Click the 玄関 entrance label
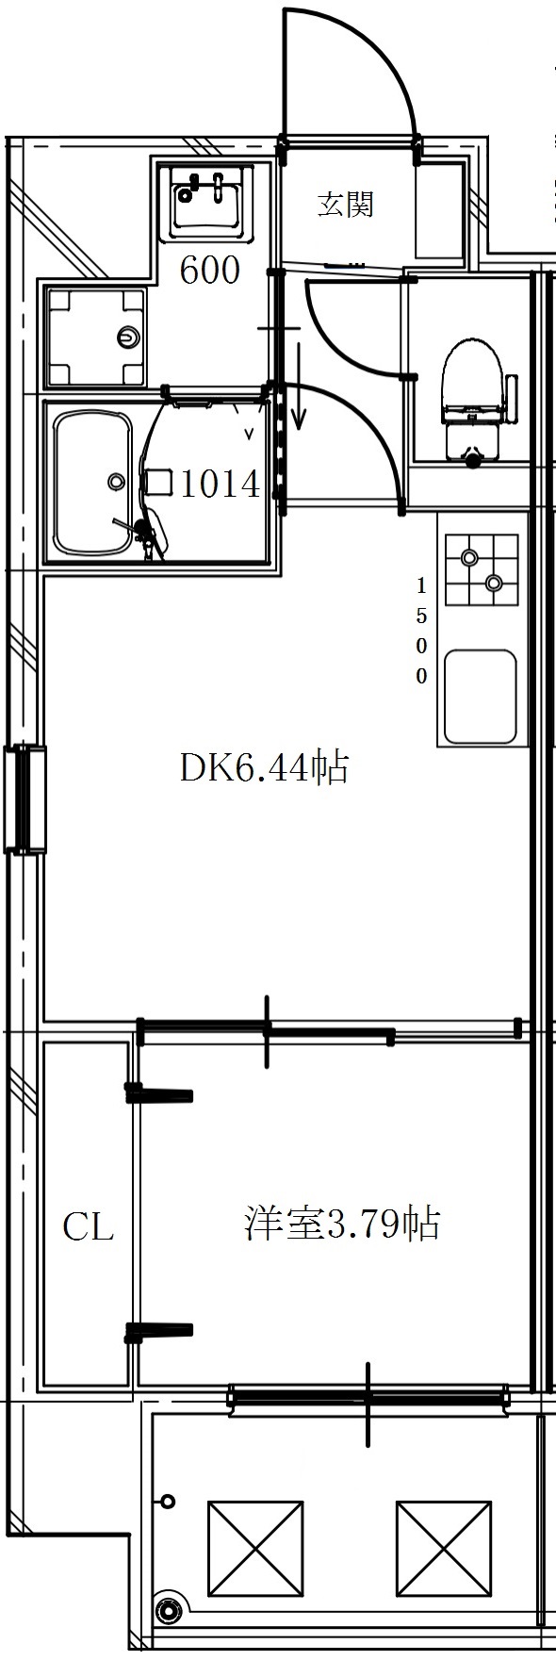(345, 205)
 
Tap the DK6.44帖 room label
(265, 768)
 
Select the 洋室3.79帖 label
(342, 1224)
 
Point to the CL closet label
(88, 1227)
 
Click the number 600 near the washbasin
(210, 271)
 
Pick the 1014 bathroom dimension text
(220, 485)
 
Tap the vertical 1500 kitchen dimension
(421, 630)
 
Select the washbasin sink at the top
(208, 203)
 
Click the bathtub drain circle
(116, 482)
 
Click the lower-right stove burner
(493, 583)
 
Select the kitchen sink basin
(481, 697)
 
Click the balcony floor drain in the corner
(169, 1610)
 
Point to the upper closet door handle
(159, 1094)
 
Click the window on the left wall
(25, 799)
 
